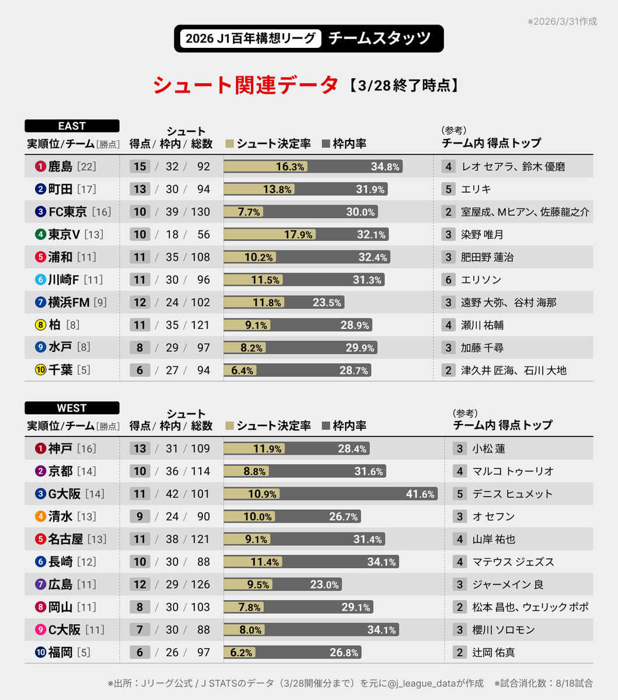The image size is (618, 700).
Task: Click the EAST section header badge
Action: pos(72,126)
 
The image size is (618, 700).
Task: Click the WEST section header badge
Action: pos(72,408)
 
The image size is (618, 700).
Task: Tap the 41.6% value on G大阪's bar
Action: pos(420,494)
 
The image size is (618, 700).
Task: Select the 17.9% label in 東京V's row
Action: pos(298,235)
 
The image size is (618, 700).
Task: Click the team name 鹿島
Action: pos(61,167)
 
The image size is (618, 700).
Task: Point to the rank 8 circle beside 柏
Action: pos(40,325)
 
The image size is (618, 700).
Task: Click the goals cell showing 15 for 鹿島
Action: pos(139,167)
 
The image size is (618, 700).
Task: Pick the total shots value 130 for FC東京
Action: pos(200,212)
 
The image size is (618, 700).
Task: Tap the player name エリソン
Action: pos(481,280)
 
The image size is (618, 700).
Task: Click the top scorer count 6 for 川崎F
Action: pos(448,280)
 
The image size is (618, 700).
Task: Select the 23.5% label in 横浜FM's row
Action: pos(327,303)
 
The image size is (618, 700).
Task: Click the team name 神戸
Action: pos(61,449)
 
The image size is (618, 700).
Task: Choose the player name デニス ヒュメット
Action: pos(512,494)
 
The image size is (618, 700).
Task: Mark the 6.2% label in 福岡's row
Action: pos(241,653)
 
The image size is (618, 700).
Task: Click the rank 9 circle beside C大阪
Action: pos(40,630)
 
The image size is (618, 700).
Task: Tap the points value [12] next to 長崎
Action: pos(86,562)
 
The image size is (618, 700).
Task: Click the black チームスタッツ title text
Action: pos(379,38)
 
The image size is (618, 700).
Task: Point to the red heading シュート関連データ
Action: pos(245,85)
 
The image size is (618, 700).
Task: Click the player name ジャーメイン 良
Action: pos(507,584)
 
